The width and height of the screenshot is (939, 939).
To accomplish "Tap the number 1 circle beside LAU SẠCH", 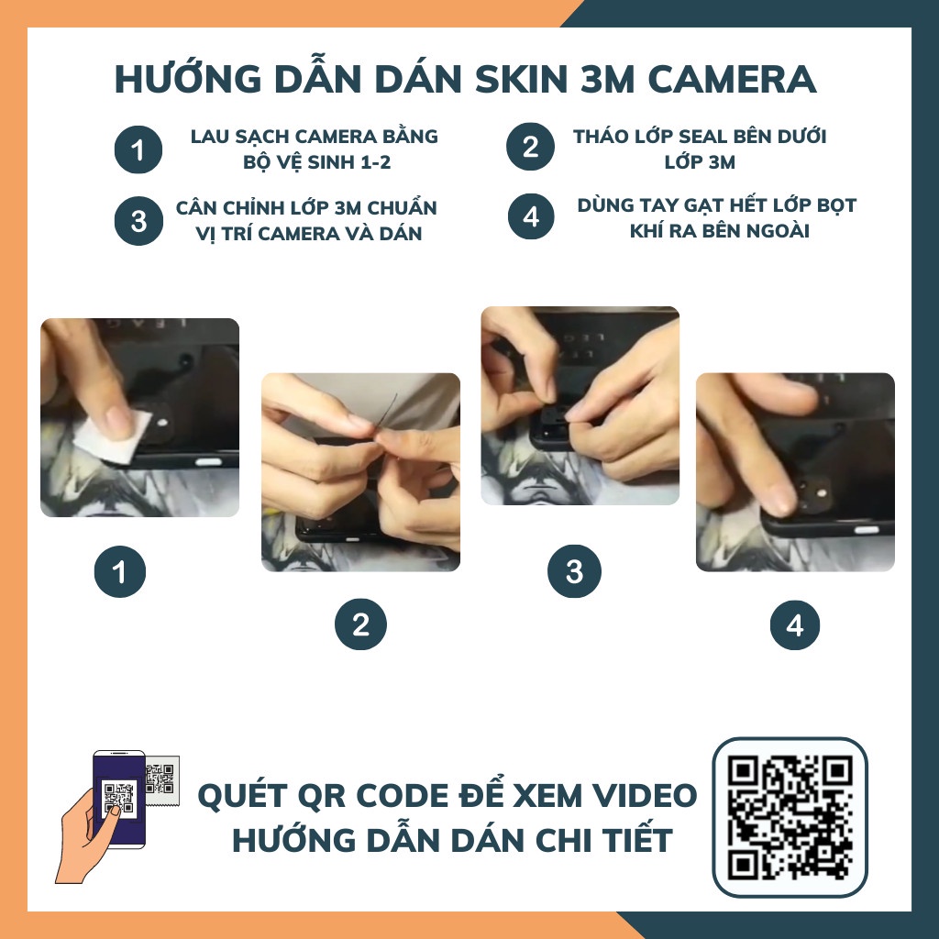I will click(138, 149).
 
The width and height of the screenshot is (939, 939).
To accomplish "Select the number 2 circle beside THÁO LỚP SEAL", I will click(531, 148).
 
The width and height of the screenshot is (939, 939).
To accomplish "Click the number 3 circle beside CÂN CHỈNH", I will click(138, 221).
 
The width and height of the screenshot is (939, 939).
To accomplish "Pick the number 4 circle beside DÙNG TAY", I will click(531, 218).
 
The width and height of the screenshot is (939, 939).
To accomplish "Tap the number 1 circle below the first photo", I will click(119, 573).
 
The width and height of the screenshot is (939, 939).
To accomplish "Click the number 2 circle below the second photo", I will click(360, 625).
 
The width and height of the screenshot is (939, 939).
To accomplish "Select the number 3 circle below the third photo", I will click(574, 573).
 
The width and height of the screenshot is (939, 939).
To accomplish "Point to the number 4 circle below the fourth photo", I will click(795, 625).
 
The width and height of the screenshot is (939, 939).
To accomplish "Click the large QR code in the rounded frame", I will click(790, 816).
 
